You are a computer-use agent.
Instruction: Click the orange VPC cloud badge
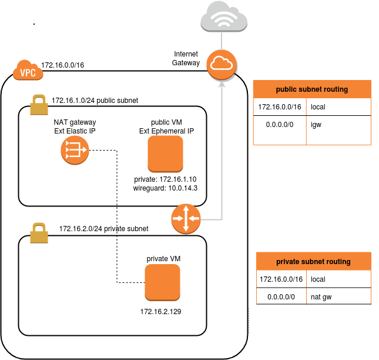(x=26, y=71)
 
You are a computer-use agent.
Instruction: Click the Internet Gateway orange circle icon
(x=222, y=64)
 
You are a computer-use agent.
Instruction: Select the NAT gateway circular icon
(x=74, y=151)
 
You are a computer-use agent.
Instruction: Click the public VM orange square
(x=166, y=154)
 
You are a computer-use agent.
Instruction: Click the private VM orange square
(x=163, y=282)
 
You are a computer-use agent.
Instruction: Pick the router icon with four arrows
(x=186, y=219)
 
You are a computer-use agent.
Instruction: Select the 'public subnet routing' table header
(x=312, y=89)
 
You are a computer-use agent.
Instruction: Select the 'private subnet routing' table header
(x=314, y=261)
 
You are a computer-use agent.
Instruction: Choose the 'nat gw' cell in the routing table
(x=321, y=297)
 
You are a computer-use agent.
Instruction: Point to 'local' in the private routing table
(x=318, y=279)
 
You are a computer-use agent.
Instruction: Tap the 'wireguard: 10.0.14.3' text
(x=165, y=188)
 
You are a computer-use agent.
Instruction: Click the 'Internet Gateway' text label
(x=186, y=58)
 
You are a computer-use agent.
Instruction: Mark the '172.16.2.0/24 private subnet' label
(x=103, y=228)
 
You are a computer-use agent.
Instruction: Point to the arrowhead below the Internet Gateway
(x=222, y=84)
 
